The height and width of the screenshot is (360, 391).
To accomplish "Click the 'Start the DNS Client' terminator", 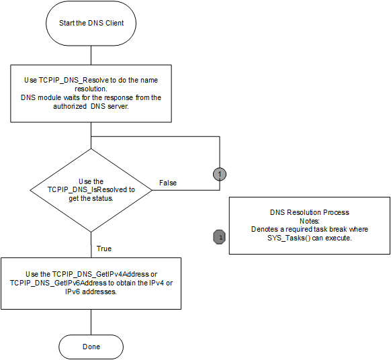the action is pos(91,24).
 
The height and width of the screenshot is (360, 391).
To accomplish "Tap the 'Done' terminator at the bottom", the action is pos(91,347).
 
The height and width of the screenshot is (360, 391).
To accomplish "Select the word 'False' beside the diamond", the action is pos(168,183).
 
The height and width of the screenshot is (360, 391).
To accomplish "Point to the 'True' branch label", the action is pos(104,249).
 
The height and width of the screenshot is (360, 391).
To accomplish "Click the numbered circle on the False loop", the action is pos(220,174).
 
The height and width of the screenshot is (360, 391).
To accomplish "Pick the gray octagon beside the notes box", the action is pos(220,237).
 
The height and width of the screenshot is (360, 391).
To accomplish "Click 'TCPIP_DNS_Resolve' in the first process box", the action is pos(74,81).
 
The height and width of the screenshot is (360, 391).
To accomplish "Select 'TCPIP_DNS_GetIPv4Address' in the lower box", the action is pos(101,274).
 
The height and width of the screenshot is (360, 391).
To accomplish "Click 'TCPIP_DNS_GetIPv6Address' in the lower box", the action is pos(58,283).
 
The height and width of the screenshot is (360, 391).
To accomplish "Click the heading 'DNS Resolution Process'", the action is pos(310,212).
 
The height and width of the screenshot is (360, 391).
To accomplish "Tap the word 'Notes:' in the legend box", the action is pos(310,221).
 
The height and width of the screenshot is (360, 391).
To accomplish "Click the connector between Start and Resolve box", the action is pos(91,55).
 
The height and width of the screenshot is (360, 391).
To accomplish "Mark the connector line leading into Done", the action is pos(91,322).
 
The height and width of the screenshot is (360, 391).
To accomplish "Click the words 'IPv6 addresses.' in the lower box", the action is pos(91,291).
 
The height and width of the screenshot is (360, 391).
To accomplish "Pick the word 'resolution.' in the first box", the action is pos(91,89).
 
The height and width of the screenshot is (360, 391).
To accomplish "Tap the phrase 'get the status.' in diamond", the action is pos(91,198).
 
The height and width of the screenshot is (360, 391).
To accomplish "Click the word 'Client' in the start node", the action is pos(114,23).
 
